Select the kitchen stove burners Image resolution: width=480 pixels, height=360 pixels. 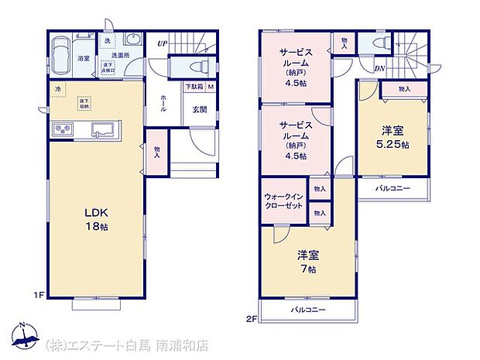click(63, 129)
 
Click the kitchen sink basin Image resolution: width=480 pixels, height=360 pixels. click(102, 129)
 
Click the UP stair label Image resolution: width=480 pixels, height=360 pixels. click(161, 43)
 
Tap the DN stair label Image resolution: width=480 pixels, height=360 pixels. click(381, 67)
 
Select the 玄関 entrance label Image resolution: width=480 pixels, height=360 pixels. click(199, 109)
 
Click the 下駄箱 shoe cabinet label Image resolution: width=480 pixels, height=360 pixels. click(194, 87)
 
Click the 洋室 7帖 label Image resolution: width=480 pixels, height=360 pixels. click(308, 262)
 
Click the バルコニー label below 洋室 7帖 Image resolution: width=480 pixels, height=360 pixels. click(308, 310)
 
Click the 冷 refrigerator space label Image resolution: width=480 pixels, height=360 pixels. click(57, 90)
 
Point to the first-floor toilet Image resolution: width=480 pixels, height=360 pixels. click(193, 67)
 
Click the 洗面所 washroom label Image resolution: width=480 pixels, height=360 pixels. click(120, 55)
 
